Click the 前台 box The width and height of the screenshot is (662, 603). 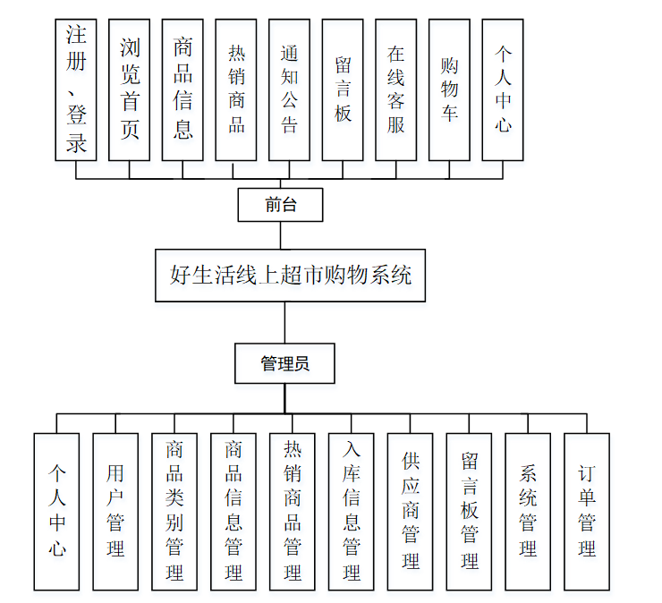click(280, 205)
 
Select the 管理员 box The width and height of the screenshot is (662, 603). click(284, 364)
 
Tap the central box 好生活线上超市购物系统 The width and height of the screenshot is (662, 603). click(290, 275)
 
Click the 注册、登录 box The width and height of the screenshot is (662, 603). click(76, 89)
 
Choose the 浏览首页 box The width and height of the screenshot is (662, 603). click(130, 89)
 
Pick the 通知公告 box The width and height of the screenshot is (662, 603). click(289, 89)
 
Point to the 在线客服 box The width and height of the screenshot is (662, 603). click(395, 89)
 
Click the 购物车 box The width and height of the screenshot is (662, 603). click(449, 89)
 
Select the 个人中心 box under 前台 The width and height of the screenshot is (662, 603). click(503, 89)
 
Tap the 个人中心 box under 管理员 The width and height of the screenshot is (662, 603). click(57, 512)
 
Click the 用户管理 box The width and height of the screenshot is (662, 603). click(115, 512)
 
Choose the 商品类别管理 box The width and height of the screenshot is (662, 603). click(174, 512)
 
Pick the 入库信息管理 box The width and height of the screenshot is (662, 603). click(352, 512)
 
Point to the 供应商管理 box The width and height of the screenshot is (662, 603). click(411, 512)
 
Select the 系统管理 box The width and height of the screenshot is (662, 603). click(528, 512)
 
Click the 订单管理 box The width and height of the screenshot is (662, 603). click(587, 512)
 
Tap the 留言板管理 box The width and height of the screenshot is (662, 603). click(470, 512)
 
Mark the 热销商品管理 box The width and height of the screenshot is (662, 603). click(293, 512)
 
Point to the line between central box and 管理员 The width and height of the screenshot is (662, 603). click(284, 322)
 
